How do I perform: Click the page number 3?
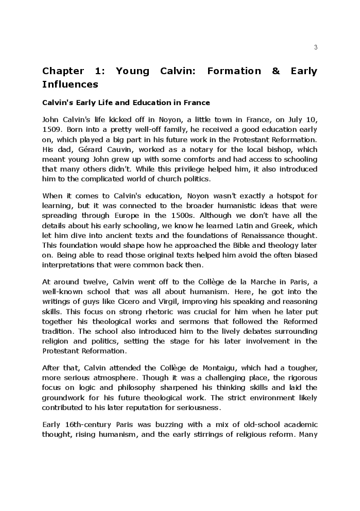(x=316, y=47)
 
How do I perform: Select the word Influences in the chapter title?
(x=70, y=84)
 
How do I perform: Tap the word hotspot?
(x=292, y=196)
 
